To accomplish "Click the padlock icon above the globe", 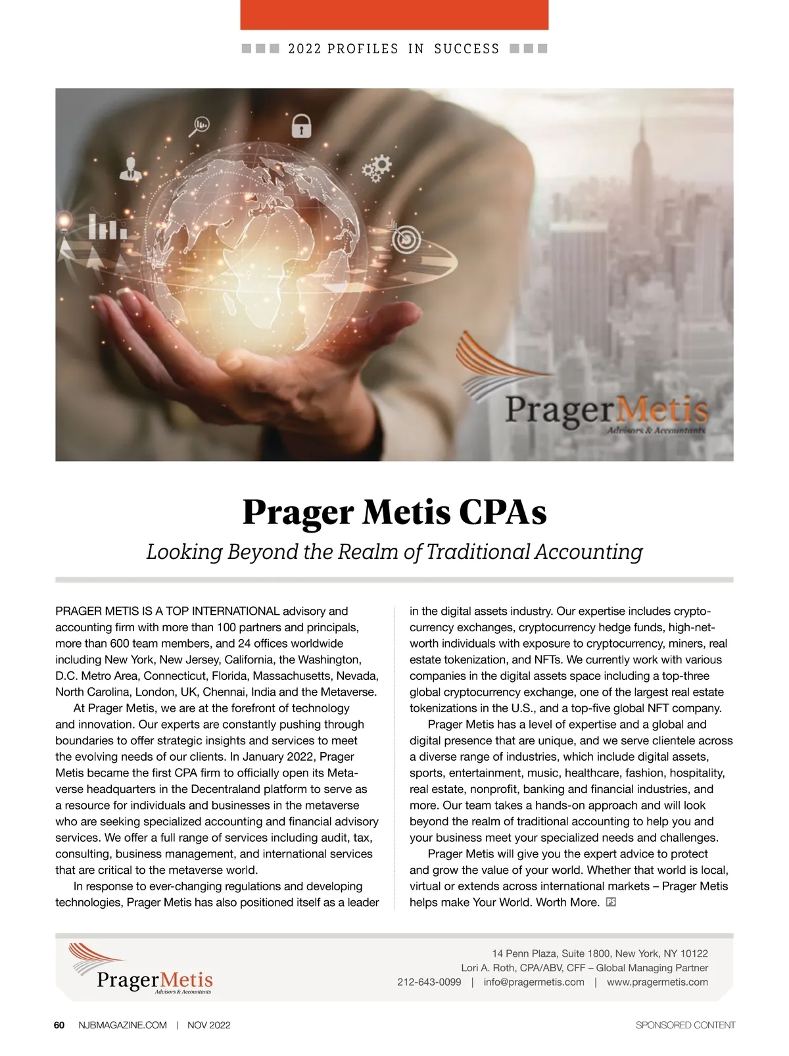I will (301, 125).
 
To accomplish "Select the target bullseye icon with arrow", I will (406, 238).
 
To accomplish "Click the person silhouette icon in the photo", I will (130, 168).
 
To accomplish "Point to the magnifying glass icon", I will (200, 125).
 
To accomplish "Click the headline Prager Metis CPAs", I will (394, 512).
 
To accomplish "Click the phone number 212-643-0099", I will (429, 982).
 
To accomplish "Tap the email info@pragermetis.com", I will (534, 982).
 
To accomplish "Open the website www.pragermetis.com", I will (657, 982).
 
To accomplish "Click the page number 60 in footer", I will (59, 1025).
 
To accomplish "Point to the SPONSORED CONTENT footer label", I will (685, 1025).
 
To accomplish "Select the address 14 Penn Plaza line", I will (600, 953).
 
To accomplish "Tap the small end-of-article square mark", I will (611, 902).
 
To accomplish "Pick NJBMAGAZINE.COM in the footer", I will (122, 1025).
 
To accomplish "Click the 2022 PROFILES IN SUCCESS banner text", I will (394, 49).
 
